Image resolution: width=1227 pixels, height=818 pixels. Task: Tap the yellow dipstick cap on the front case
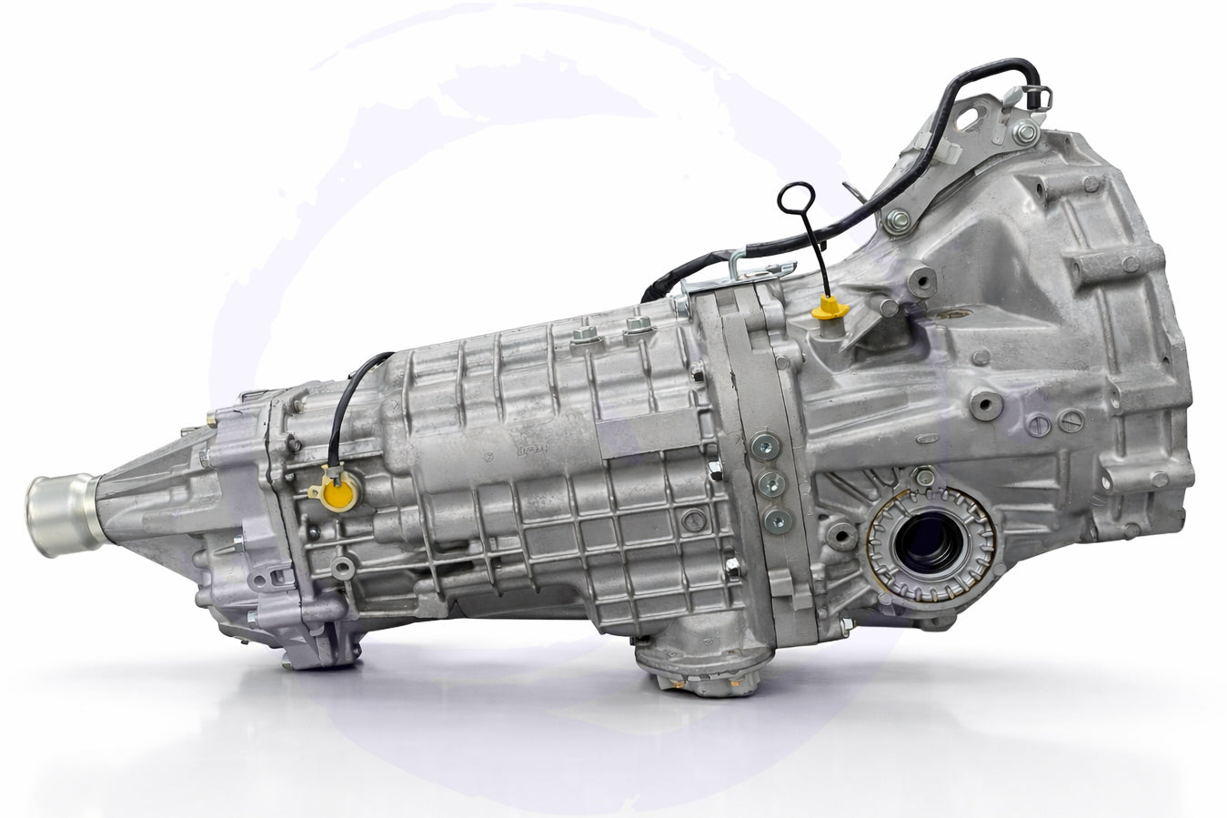click(827, 310)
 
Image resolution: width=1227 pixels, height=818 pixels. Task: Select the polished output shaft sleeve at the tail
click(62, 511)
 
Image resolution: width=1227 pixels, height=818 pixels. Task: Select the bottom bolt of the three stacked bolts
click(776, 520)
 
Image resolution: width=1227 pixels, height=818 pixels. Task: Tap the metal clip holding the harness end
click(1042, 93)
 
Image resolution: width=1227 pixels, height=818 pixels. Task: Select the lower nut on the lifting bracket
click(900, 218)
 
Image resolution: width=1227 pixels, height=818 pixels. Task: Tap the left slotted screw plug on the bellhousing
click(1041, 425)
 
